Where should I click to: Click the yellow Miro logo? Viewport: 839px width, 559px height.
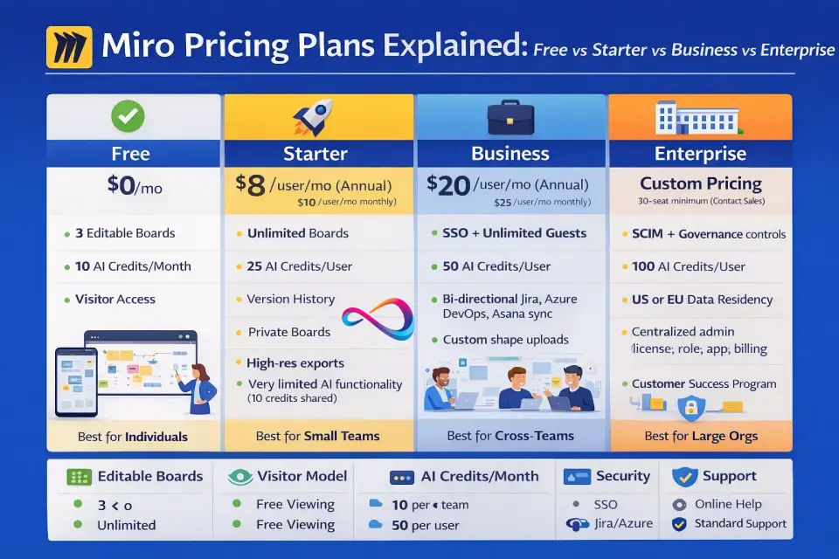(x=70, y=47)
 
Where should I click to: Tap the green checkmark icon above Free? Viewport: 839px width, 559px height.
(x=128, y=116)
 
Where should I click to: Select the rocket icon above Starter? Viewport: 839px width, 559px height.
(x=313, y=117)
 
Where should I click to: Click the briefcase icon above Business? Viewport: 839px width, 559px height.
(x=510, y=118)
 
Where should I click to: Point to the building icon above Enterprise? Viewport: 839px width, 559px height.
(x=699, y=118)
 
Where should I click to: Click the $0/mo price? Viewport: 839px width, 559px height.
(x=135, y=186)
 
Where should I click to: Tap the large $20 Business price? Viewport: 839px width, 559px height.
(x=448, y=185)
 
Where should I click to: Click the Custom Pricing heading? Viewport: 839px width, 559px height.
(x=701, y=183)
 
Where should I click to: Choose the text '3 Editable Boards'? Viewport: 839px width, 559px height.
(x=125, y=233)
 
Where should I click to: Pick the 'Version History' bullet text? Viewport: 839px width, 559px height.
(x=290, y=299)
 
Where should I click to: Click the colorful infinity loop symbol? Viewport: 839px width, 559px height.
(x=378, y=319)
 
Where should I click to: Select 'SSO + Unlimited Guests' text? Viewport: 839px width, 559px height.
(x=514, y=233)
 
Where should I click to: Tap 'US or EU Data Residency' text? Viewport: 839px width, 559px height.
(x=702, y=300)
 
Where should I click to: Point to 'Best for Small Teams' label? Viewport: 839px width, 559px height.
(x=318, y=436)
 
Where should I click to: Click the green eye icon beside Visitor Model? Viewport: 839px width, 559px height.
(x=240, y=477)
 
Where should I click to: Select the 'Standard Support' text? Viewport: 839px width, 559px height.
(x=740, y=524)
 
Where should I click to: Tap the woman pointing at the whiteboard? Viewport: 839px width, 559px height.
(x=199, y=388)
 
